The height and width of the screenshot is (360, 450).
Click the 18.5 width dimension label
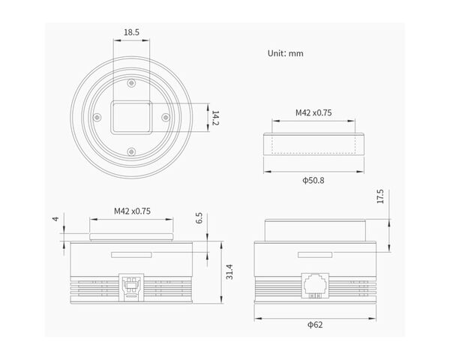(x=131, y=32)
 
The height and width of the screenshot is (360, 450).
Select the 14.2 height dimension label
(x=215, y=118)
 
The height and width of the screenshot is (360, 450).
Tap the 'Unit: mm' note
(x=285, y=53)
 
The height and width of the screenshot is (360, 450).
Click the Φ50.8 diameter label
(x=313, y=180)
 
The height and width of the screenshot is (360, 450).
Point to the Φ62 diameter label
(x=315, y=325)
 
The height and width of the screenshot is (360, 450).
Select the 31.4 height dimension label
(x=229, y=271)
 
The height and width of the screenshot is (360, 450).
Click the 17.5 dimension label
(x=380, y=196)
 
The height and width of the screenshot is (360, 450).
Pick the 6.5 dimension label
(x=199, y=218)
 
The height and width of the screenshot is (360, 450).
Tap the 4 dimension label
(x=55, y=219)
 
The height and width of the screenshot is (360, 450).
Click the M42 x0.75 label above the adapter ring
(x=313, y=112)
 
